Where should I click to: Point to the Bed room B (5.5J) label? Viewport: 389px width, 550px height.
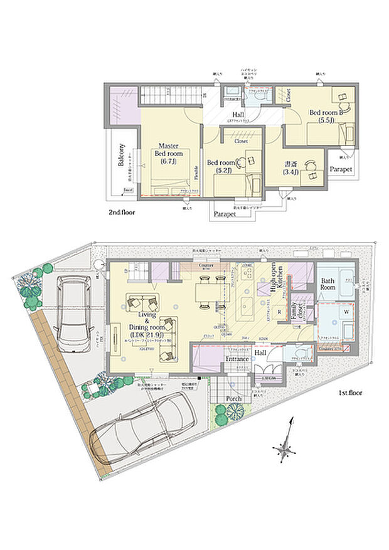pyautogui.click(x=324, y=117)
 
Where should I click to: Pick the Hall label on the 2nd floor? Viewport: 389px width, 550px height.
pyautogui.click(x=238, y=115)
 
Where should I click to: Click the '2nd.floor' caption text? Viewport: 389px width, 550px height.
pyautogui.click(x=123, y=213)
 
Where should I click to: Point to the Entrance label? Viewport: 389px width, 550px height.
pyautogui.click(x=238, y=358)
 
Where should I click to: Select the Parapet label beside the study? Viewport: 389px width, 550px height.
pyautogui.click(x=341, y=169)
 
